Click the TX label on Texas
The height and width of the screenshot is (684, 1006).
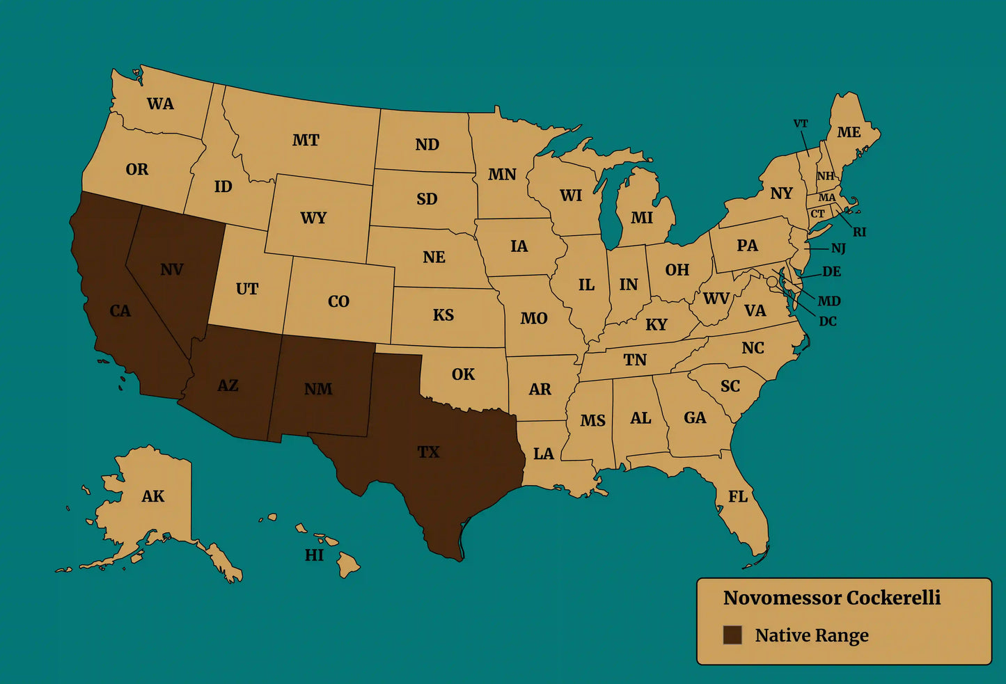pos(428,452)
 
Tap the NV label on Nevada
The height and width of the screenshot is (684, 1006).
pos(172,269)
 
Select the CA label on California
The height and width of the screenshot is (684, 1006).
pos(120,310)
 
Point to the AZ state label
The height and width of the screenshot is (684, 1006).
pos(228,385)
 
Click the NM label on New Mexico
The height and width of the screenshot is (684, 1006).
pos(318,389)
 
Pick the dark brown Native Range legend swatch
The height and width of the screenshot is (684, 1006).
pos(732,635)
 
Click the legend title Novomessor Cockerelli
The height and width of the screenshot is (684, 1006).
pos(832,598)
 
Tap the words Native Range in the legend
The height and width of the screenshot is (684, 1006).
pos(812,635)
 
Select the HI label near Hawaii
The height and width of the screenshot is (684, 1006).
pos(314,555)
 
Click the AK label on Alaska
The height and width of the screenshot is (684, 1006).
pos(153,496)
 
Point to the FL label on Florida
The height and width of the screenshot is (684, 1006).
pos(738,496)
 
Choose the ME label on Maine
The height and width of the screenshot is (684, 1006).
pos(849,132)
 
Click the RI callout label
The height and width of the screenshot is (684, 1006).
pos(860,232)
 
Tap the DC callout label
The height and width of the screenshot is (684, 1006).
pos(828,321)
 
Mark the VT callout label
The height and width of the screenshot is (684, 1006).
pos(801,124)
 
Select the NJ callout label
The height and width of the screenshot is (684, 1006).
pos(838,248)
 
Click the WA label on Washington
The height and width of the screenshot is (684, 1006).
pos(160,104)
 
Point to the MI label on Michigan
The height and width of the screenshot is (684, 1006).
pos(642,218)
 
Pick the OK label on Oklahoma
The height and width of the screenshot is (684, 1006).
pos(463,374)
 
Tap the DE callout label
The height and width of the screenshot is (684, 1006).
pos(832,271)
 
